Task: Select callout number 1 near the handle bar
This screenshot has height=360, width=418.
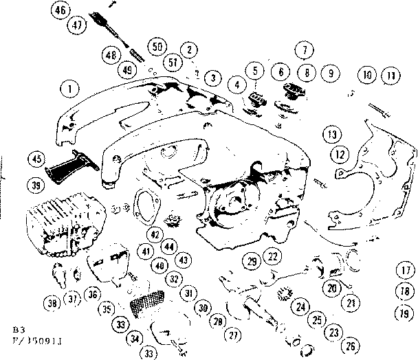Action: coord(69,88)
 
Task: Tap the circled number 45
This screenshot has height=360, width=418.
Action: coord(36,159)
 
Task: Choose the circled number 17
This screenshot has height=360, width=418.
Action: coord(403,269)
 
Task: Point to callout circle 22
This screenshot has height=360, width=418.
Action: coord(273,256)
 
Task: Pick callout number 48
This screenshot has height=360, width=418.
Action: coord(109,54)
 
